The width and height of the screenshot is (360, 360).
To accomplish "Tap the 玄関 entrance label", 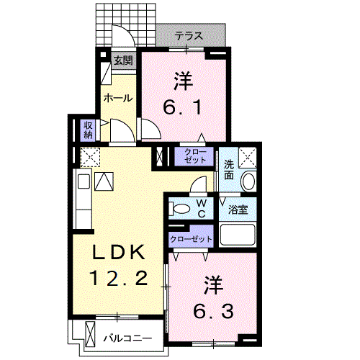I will tap(123, 61).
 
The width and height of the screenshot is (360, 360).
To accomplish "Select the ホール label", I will tap(117, 98).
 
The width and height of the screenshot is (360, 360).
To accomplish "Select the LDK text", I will tap(121, 253).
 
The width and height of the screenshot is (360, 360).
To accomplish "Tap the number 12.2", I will tap(121, 276).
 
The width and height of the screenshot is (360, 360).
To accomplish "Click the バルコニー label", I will tap(127, 337).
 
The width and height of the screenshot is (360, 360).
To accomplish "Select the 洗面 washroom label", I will tap(228, 169).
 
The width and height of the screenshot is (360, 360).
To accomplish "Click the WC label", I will tap(202, 209).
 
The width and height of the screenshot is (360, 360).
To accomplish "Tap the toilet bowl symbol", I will tap(182, 209).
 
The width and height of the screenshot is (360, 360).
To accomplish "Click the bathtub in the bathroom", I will tap(238, 235).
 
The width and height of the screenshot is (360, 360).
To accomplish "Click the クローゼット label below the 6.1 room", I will tap(194, 156).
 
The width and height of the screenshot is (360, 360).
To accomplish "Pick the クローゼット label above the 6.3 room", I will tap(191, 238).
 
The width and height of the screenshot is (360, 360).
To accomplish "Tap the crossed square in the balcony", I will tap(91, 335).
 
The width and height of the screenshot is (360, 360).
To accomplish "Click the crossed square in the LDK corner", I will tap(89, 157).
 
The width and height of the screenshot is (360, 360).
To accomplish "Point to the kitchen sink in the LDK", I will tap(103, 183).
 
